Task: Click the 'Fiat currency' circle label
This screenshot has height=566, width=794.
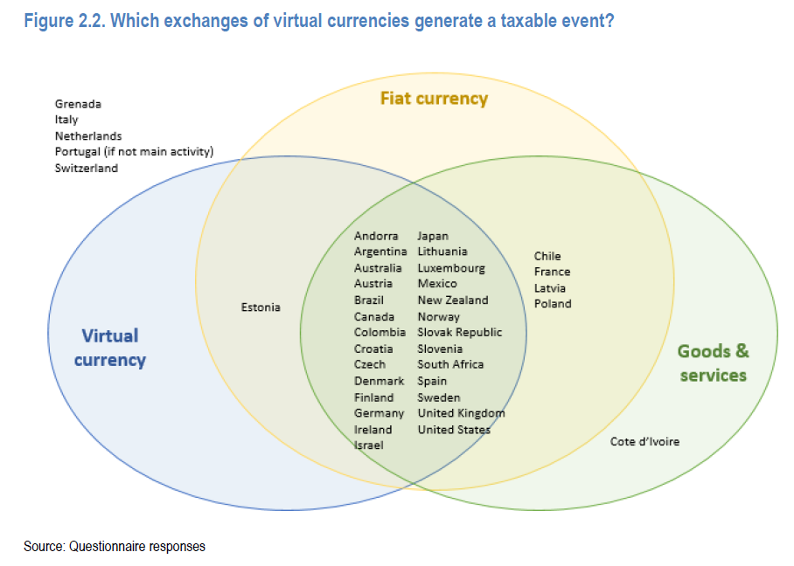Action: [434, 98]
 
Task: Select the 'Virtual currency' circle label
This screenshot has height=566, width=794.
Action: [110, 347]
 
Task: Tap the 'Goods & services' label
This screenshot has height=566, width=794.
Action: [714, 362]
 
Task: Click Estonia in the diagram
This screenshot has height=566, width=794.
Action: [261, 307]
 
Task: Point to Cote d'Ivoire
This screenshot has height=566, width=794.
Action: [644, 441]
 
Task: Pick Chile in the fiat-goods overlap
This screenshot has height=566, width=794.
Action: [547, 256]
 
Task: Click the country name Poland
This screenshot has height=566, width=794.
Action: [553, 304]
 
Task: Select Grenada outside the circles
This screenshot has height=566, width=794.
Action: [78, 104]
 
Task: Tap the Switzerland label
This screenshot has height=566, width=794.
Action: [86, 168]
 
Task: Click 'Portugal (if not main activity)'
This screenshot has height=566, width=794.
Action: [134, 152]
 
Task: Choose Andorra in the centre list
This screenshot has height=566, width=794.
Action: [376, 236]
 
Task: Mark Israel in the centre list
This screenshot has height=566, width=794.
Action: [368, 445]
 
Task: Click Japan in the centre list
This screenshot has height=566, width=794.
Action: [433, 236]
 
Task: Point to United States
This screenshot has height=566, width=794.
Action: [454, 429]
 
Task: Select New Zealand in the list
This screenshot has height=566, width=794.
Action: [453, 300]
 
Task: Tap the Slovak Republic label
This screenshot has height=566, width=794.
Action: [460, 332]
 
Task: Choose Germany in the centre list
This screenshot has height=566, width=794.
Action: [379, 413]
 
